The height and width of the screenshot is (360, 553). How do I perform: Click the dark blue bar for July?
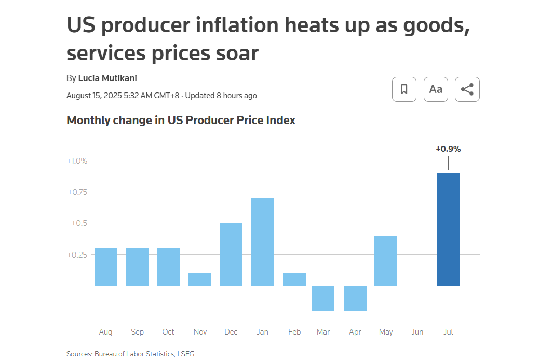[x=448, y=229]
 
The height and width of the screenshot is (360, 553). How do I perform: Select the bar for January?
[x=262, y=242]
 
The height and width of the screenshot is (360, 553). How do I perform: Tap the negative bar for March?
[x=323, y=298]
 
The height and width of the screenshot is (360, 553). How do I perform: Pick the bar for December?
[x=231, y=255]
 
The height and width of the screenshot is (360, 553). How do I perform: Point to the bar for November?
[x=200, y=279]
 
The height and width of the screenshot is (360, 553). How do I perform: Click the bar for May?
[x=386, y=261]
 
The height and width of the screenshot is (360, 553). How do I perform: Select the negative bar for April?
[x=355, y=298]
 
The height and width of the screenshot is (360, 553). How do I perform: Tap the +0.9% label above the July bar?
[x=448, y=149]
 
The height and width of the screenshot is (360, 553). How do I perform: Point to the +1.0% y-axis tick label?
[x=77, y=161]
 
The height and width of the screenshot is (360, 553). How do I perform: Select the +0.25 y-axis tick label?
[x=77, y=255]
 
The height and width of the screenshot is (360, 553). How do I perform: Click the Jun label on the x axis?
[x=417, y=332]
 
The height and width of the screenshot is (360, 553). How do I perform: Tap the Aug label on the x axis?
[x=105, y=332]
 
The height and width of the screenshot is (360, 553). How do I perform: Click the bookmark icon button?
[x=404, y=89]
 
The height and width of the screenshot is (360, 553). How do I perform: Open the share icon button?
[x=467, y=89]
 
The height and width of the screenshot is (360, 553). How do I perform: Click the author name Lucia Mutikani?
[x=107, y=78]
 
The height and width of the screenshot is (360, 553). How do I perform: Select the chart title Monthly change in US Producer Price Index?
[x=181, y=121]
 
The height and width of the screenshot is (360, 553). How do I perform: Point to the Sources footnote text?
[x=130, y=354]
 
